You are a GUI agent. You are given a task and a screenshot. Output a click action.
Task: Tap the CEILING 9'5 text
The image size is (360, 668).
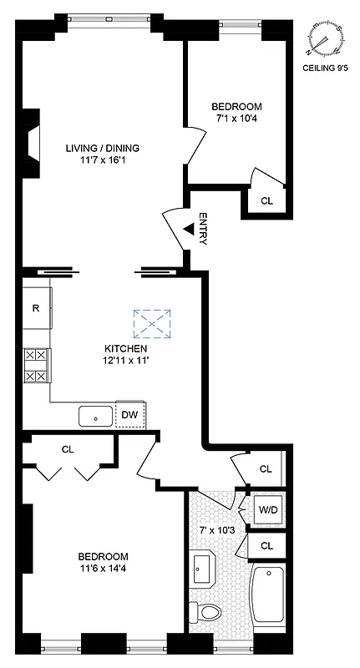coord(326,71)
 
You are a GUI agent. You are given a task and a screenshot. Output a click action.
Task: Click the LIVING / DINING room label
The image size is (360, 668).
coord(103,149)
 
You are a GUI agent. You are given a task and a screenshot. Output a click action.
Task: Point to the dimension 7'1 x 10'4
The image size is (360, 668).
coord(236,119)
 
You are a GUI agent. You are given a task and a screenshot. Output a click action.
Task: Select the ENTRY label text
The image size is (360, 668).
coord(202,228)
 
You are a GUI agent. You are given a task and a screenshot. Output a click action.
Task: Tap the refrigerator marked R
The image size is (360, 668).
coord(37,308)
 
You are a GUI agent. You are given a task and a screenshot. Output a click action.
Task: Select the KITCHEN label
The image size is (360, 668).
coord(126,348)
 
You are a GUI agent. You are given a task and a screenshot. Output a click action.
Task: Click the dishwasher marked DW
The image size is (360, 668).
coord(129,414)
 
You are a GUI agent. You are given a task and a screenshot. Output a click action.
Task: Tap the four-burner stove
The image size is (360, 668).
coord(36,366)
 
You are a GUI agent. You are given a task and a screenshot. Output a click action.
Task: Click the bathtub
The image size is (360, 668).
coord(267,597)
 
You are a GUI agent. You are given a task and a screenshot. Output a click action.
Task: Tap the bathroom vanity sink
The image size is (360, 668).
coord(203,569)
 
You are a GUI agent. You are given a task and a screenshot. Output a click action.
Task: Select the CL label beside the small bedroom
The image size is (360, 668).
coord(266,200)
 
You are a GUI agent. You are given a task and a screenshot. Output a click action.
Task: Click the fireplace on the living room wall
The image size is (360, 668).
coord(31,144)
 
